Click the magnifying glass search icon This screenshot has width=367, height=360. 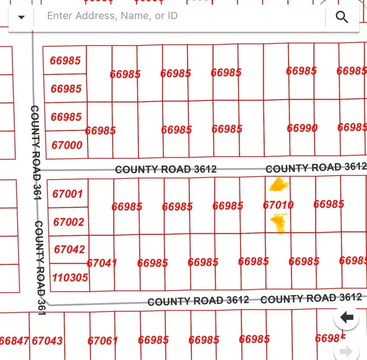341,17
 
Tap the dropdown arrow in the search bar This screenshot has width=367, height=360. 21,17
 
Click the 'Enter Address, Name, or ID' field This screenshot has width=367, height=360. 179,16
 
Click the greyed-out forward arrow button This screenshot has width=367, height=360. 346,351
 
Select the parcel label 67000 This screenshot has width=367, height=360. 67,145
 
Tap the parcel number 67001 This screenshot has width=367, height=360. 68,193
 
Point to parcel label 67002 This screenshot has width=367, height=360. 69,222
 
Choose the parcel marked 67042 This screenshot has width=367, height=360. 69,249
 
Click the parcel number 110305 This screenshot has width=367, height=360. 70,278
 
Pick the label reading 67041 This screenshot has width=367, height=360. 102,263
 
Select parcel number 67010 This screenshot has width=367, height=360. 278,205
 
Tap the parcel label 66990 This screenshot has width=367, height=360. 302,128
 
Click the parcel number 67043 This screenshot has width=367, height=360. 47,340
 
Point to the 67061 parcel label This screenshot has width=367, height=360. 103,340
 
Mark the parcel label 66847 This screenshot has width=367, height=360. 15,340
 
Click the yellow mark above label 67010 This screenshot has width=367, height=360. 279,185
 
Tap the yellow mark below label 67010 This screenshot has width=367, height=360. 279,224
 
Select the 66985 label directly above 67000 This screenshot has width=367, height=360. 66,117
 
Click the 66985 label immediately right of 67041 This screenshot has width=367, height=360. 153,263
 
